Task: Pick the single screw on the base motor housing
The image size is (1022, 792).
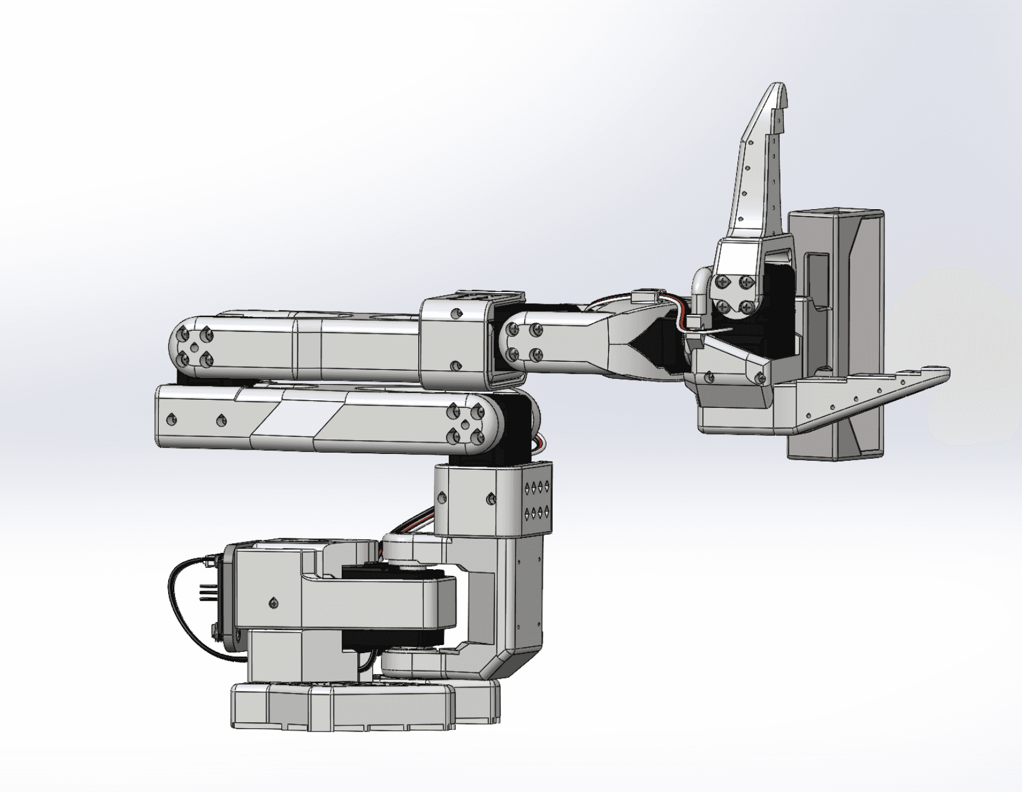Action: (273, 603)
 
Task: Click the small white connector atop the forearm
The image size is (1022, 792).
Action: (645, 296)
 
